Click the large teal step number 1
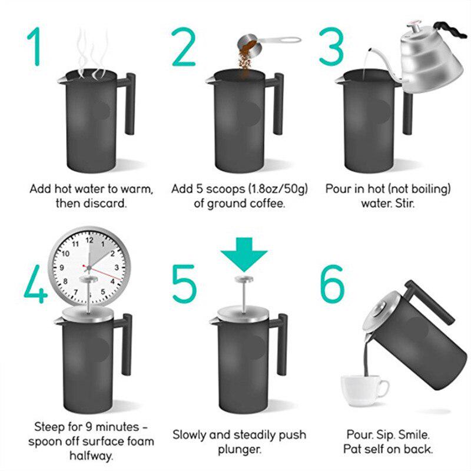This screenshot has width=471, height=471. [x=35, y=47]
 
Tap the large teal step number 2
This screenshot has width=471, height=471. [x=184, y=47]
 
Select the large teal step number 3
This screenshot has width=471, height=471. [x=331, y=47]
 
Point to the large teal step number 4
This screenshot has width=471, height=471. [x=36, y=284]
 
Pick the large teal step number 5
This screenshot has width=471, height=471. [x=184, y=284]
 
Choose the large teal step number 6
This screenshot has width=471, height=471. [x=332, y=284]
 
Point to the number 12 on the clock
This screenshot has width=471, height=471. [x=89, y=240]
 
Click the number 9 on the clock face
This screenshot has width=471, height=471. [x=62, y=267]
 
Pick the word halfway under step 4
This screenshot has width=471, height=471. [x=91, y=456]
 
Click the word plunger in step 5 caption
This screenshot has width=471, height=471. [x=240, y=450]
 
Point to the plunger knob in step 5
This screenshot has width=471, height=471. [x=244, y=279]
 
